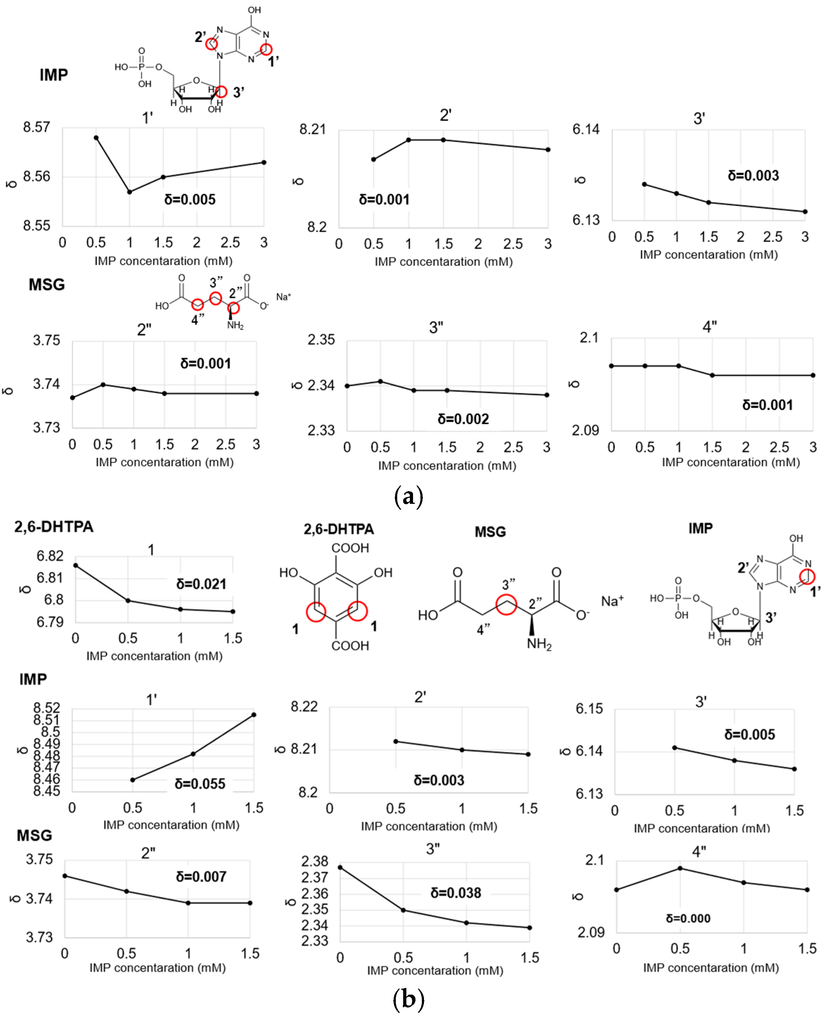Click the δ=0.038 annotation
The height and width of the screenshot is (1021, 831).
click(x=455, y=893)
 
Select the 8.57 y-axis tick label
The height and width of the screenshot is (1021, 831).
click(x=36, y=127)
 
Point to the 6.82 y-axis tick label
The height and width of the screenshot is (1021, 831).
click(x=50, y=556)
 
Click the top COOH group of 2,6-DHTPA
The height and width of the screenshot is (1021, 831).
click(x=350, y=548)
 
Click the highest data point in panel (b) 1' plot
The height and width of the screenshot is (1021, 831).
click(x=254, y=715)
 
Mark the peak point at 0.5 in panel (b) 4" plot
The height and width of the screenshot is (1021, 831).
click(x=680, y=868)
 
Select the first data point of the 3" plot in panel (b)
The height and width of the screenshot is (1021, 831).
click(x=340, y=867)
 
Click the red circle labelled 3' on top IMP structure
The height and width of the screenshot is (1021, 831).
click(x=221, y=91)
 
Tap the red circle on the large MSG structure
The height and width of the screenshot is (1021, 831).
click(x=506, y=604)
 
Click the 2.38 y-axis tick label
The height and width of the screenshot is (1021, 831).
click(x=315, y=861)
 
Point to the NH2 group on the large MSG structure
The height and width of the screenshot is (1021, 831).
click(x=539, y=644)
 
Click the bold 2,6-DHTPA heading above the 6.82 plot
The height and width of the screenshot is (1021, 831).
click(x=53, y=527)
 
